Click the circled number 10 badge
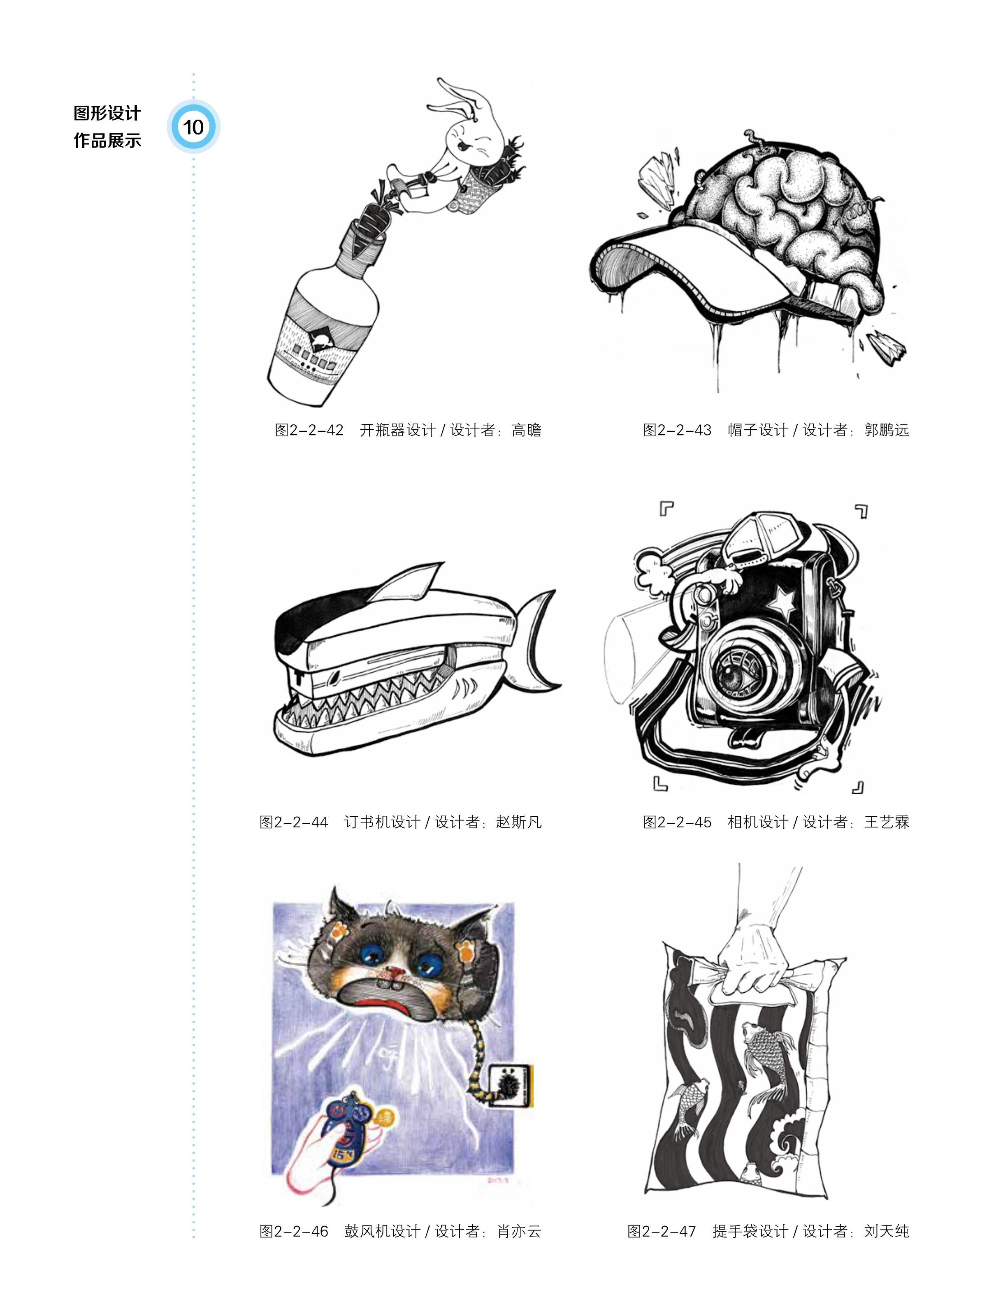[193, 127]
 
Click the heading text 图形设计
[107, 113]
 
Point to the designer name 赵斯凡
[519, 822]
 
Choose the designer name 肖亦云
[519, 1232]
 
